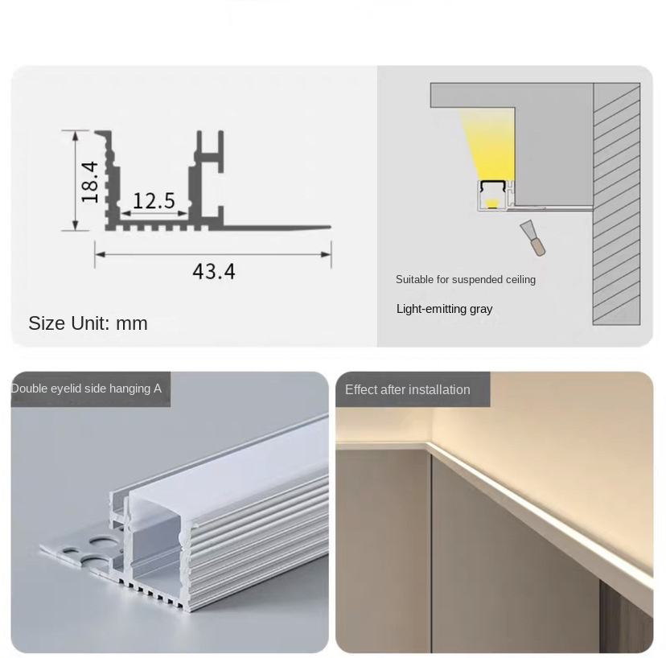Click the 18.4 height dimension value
89,182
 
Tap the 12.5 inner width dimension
154,200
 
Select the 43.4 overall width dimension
214,271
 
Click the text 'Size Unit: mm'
88,323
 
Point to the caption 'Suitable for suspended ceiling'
466,279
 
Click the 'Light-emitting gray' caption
444,309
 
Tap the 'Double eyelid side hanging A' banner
86,389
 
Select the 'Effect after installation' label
407,389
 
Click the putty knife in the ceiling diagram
533,238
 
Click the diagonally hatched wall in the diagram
616,204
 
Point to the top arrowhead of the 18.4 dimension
75,135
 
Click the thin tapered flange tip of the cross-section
327,228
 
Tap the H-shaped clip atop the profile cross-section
209,152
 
